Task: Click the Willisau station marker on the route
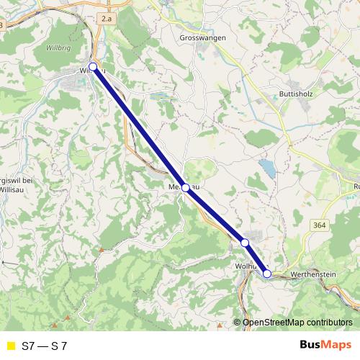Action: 93,67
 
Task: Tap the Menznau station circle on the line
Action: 186,188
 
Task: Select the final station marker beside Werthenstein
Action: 267,274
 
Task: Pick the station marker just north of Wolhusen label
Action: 245,243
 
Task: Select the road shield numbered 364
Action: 320,225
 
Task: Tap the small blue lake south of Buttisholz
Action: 268,168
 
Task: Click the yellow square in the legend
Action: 10,346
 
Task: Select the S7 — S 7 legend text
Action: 45,346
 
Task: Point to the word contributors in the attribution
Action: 332,323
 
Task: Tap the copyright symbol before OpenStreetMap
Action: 238,323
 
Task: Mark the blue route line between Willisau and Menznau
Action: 139,127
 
